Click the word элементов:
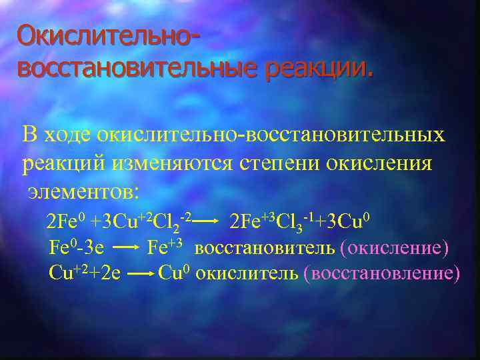pos(84,191)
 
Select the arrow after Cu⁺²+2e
pos(139,274)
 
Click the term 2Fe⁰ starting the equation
pos(63,221)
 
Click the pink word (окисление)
pos(393,248)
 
